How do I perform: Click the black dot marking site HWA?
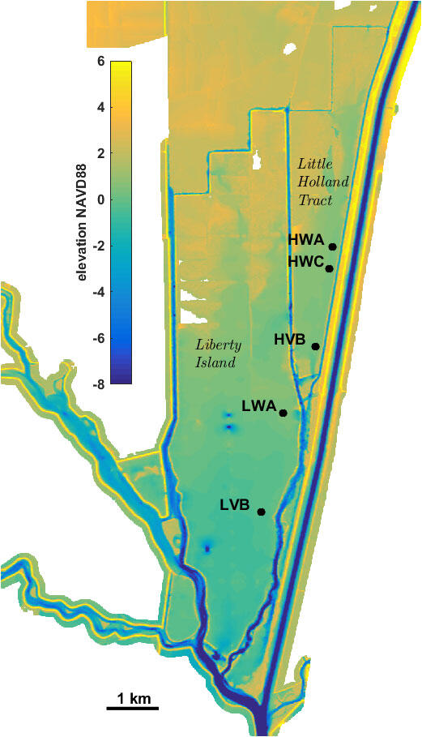click(332, 246)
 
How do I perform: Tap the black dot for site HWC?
click(329, 268)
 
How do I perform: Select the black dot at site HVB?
click(315, 346)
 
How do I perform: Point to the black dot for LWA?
click(283, 413)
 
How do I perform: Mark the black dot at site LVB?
click(261, 512)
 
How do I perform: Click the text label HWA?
click(306, 240)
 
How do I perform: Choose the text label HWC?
click(305, 262)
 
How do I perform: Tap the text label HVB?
click(289, 341)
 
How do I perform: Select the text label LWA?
click(258, 405)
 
